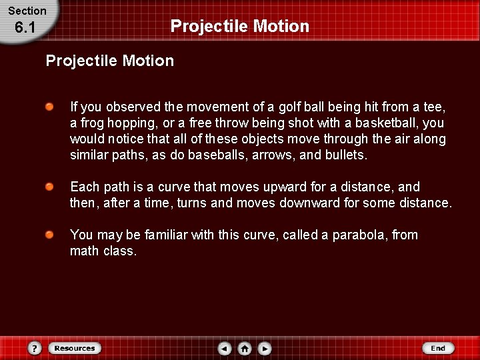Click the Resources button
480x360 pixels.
75,348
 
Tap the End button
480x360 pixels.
438,348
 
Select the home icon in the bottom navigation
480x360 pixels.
245,348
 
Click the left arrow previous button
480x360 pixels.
225,348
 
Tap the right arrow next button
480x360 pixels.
265,348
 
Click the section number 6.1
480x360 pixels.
25,28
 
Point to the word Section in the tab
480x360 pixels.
27,11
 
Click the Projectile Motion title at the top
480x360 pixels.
240,26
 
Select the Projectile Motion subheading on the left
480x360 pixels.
110,61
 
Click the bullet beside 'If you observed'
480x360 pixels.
51,107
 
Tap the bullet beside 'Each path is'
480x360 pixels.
51,187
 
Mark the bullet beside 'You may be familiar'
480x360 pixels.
51,235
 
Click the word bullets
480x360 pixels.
345,155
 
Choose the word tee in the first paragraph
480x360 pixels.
433,107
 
